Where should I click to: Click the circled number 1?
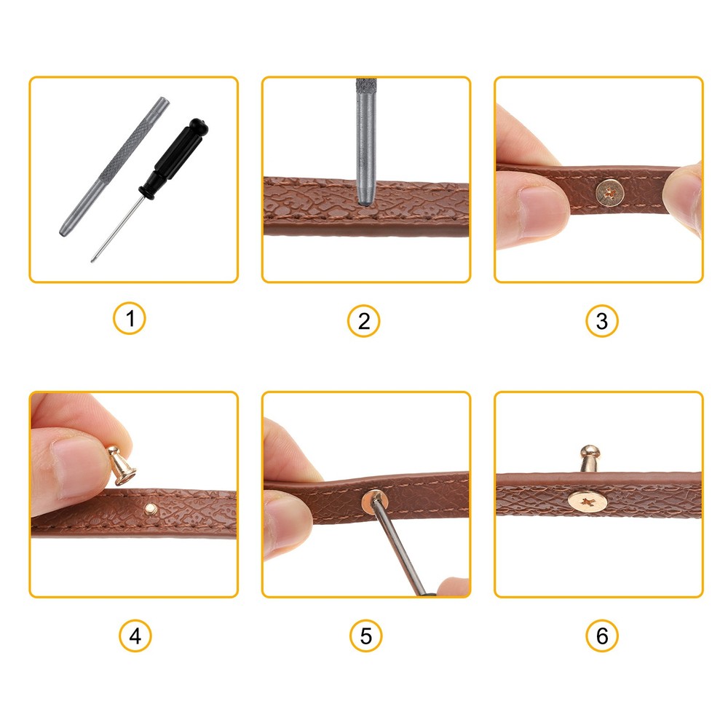(130, 319)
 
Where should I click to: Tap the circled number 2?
(363, 320)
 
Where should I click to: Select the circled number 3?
(601, 320)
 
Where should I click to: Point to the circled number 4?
(135, 636)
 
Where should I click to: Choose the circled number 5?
(365, 636)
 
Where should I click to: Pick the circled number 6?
(601, 636)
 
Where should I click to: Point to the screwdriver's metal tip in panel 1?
(95, 256)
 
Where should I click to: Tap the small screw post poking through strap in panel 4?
(150, 507)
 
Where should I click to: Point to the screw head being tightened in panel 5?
(373, 499)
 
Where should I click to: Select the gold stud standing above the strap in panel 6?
(588, 459)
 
